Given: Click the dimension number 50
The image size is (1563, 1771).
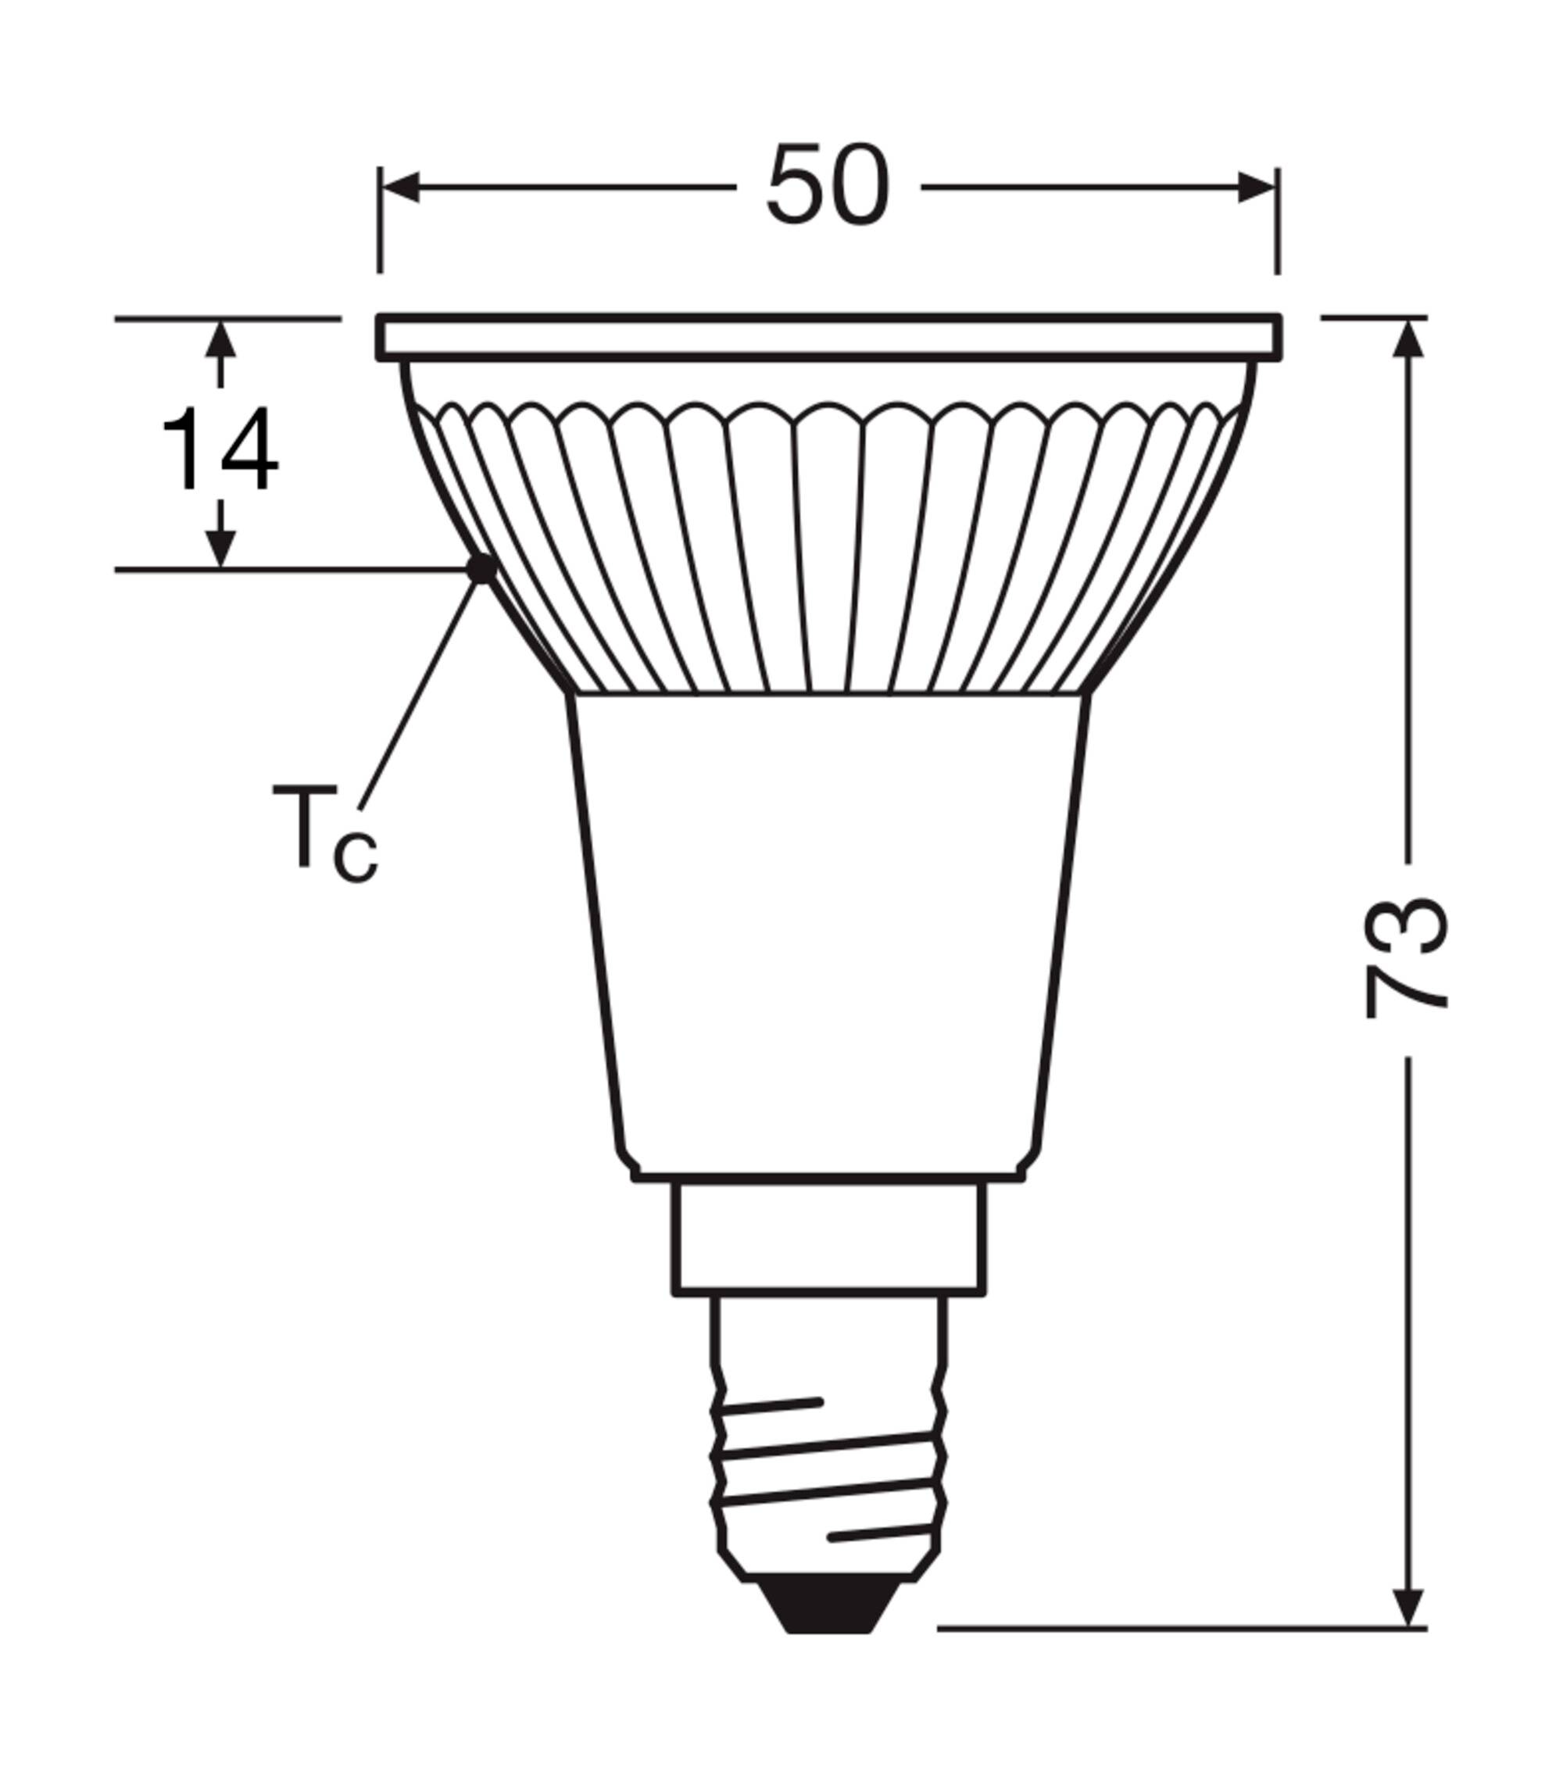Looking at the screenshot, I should (x=828, y=186).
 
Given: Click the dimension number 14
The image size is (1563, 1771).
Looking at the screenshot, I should (x=220, y=450).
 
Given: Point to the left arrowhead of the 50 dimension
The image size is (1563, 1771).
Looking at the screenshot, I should (x=400, y=187).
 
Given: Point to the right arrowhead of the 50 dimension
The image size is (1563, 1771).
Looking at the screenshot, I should (x=1257, y=187).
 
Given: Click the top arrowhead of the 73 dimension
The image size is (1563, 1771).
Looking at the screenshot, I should (x=1411, y=340).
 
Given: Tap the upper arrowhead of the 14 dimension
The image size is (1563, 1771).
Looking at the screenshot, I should (x=221, y=341).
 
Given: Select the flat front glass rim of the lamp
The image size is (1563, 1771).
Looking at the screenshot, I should (x=829, y=337).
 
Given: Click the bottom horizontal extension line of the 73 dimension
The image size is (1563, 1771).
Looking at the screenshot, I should (x=1179, y=1629).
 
